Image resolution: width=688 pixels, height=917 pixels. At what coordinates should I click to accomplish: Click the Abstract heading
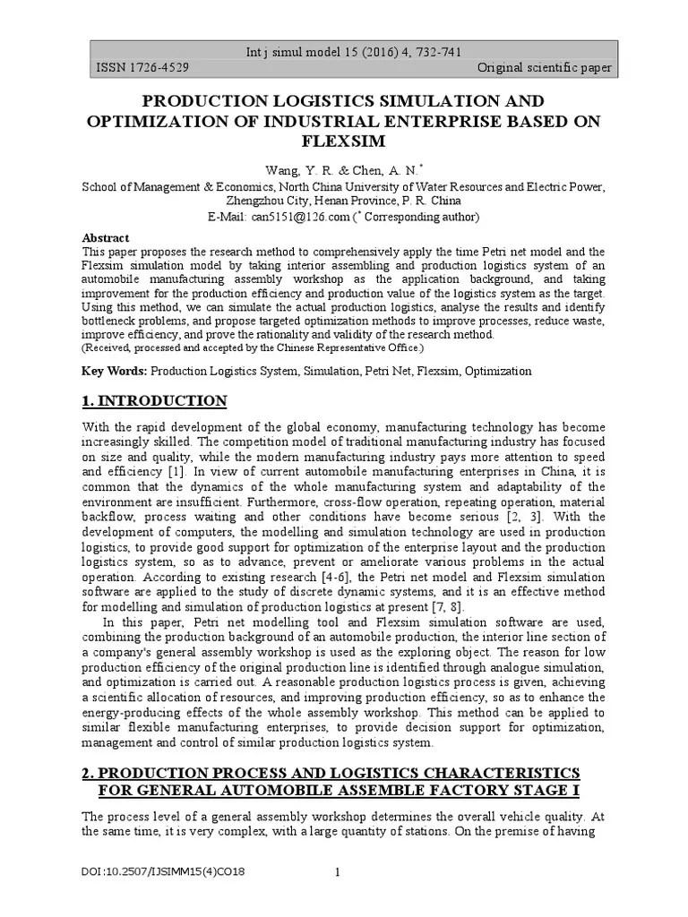pyautogui.click(x=106, y=238)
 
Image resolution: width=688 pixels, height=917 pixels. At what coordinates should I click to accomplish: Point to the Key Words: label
pyautogui.click(x=115, y=371)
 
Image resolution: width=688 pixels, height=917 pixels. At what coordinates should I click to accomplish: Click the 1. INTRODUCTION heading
pyautogui.click(x=154, y=400)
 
